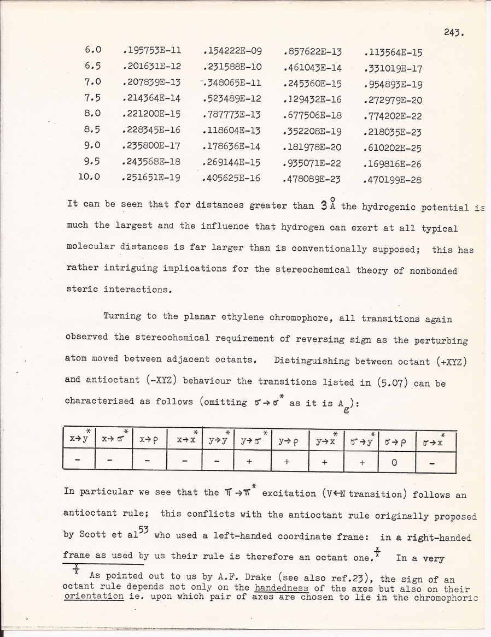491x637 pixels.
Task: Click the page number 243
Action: [454, 32]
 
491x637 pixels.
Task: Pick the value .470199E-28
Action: [393, 179]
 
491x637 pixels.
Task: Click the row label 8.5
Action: [93, 130]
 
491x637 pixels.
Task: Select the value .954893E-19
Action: [393, 85]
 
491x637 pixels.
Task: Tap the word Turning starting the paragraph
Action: [121, 316]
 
